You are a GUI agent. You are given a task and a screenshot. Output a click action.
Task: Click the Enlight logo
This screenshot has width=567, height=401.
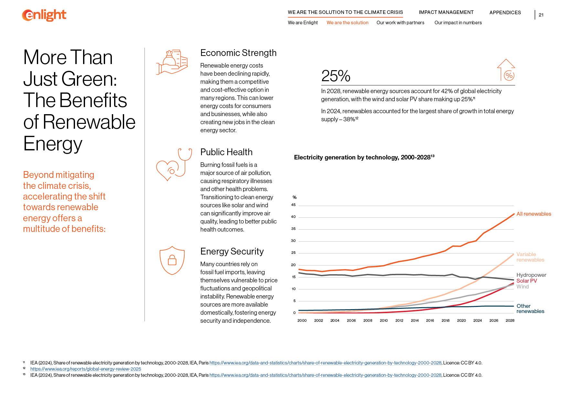click(44, 15)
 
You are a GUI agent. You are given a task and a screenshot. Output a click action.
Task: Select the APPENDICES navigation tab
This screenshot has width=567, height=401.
click(505, 13)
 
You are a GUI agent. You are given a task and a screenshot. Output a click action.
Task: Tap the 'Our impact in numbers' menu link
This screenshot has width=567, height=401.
click(458, 23)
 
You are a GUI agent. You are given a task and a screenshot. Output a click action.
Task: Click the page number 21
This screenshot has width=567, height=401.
click(541, 15)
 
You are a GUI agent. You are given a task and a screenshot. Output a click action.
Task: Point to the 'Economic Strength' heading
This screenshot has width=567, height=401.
click(238, 53)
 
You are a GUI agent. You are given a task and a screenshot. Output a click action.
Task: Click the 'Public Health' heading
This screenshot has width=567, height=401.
click(226, 152)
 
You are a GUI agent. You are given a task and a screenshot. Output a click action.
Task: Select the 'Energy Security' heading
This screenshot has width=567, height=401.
click(232, 251)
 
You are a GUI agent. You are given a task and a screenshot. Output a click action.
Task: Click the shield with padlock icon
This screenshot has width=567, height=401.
click(172, 260)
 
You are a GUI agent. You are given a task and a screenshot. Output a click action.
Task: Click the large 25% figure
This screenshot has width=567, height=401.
click(336, 76)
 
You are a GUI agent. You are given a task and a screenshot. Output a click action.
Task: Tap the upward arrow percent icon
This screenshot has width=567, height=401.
click(506, 70)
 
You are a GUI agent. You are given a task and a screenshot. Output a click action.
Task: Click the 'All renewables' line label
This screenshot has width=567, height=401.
click(533, 214)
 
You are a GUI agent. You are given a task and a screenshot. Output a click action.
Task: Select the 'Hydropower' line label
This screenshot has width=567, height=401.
click(531, 275)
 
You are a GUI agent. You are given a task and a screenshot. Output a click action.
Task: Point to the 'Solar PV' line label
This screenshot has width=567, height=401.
click(526, 281)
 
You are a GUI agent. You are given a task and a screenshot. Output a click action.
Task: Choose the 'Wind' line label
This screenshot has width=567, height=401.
click(522, 287)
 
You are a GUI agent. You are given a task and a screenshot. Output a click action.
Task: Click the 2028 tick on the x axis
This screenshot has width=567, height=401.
click(510, 320)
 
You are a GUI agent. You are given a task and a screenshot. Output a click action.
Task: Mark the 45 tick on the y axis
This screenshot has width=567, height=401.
click(293, 205)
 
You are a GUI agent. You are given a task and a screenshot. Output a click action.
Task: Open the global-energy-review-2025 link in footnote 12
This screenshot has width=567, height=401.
click(86, 369)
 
